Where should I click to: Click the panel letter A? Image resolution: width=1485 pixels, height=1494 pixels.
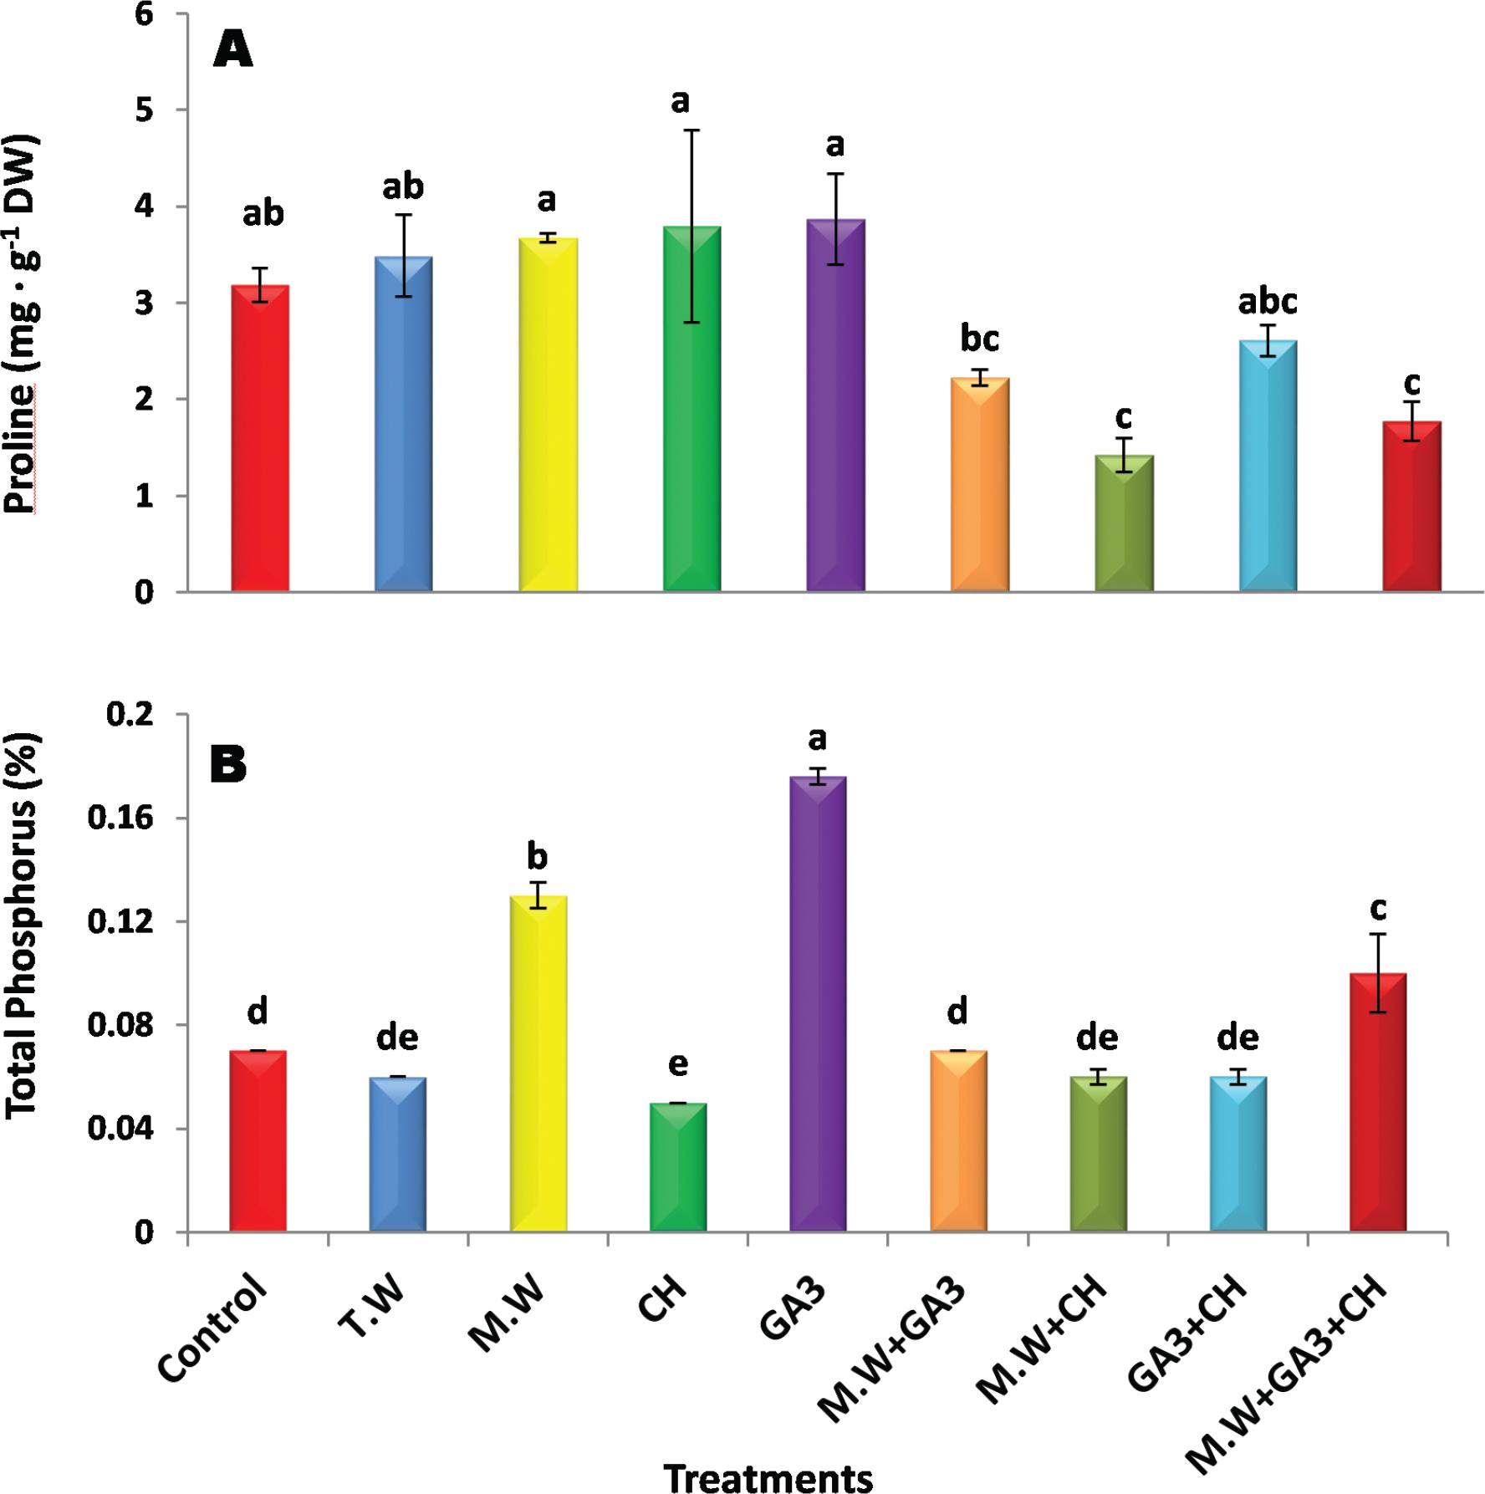coord(233,50)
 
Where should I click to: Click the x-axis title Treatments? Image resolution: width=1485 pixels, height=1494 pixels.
coord(768,1476)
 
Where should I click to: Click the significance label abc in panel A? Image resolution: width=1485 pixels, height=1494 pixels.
coord(1268,301)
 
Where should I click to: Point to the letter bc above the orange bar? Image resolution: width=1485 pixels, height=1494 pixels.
coord(979,339)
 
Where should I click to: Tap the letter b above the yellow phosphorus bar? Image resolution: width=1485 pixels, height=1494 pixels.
coord(537,856)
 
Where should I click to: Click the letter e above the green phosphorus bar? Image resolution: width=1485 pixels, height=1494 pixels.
coord(678,1063)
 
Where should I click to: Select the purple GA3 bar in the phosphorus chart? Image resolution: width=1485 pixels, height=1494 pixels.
coord(818,1003)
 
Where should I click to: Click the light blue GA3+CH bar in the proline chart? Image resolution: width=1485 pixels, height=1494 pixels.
coord(1268,466)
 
